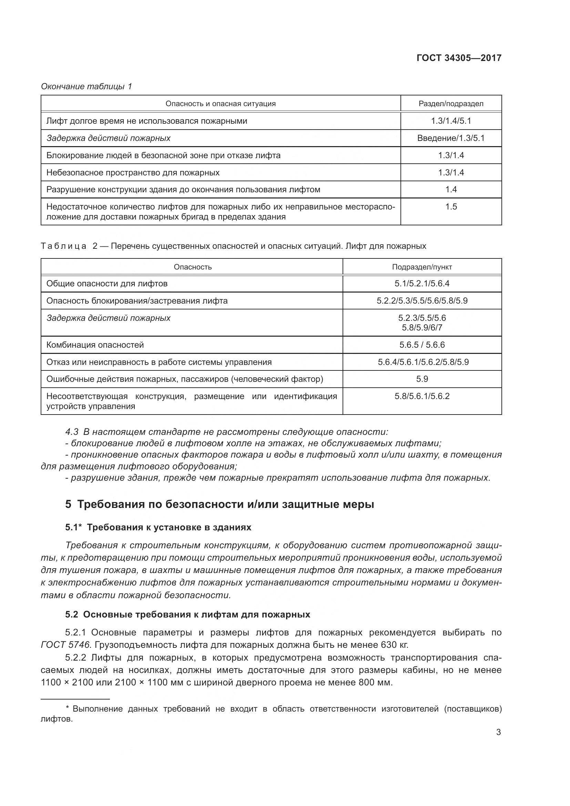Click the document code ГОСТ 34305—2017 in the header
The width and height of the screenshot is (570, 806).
(459, 58)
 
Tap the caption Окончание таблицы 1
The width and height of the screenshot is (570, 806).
(86, 86)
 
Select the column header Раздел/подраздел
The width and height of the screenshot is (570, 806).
(451, 104)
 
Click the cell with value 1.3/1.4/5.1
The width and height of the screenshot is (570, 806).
(451, 121)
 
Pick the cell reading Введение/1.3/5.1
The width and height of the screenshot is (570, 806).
(451, 138)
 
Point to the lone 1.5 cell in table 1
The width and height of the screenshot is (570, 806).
(451, 207)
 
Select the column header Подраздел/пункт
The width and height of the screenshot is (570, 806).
(421, 267)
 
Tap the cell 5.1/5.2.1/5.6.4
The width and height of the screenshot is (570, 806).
(421, 284)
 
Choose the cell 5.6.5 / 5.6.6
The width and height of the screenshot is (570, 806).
(421, 345)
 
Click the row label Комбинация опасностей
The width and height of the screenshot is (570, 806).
(95, 345)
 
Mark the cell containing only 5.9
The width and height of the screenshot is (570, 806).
(421, 379)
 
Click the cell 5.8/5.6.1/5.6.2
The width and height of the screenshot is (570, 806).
(421, 396)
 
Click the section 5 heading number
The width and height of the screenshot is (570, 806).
(68, 504)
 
